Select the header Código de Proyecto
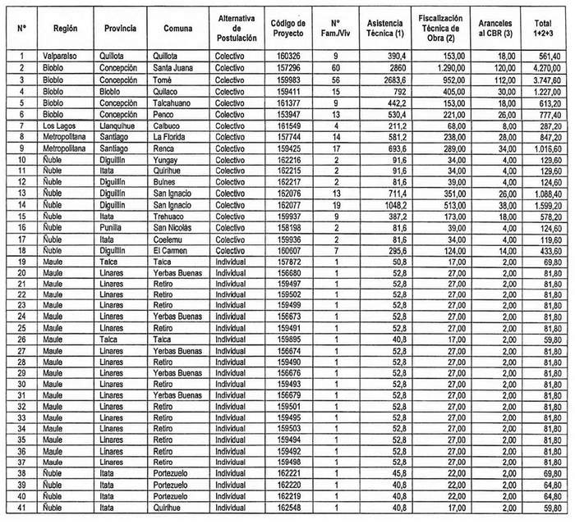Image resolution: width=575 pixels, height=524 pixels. click(x=287, y=29)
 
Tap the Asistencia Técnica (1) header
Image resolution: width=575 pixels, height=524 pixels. click(x=386, y=29)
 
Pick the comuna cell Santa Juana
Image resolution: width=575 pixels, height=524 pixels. click(x=174, y=68)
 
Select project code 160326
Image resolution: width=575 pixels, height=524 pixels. click(x=283, y=56)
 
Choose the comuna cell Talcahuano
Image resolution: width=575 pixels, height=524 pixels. click(x=174, y=103)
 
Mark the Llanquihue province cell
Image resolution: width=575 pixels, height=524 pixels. click(x=120, y=127)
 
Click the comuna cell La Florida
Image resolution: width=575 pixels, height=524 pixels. click(x=171, y=139)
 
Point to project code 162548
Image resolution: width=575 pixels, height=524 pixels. click(x=283, y=508)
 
